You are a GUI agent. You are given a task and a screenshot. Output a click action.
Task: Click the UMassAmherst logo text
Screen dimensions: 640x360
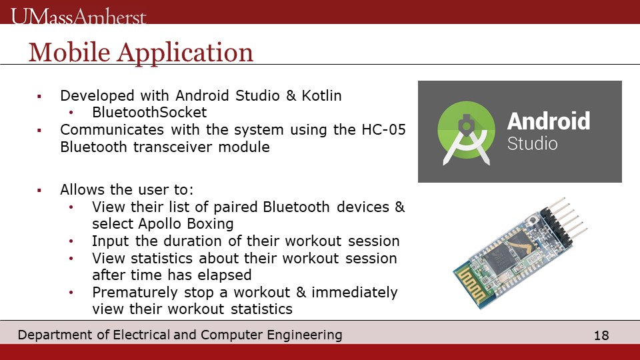pos(79,17)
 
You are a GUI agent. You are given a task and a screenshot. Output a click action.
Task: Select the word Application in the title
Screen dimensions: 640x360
pos(185,53)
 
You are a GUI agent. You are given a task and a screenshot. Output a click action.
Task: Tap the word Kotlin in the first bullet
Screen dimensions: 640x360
pos(321,95)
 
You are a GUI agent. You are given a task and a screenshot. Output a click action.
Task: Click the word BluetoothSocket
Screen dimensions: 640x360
pos(149,112)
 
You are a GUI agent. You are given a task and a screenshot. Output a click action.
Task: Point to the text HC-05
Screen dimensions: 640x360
pos(384,130)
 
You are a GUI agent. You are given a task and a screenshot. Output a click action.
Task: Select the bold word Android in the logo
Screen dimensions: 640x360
pos(549,121)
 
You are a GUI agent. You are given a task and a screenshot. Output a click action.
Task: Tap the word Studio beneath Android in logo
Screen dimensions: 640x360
pos(532,144)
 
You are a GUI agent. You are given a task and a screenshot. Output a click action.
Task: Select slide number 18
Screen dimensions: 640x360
pos(601,335)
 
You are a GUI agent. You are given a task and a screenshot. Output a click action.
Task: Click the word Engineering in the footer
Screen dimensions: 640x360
pos(305,335)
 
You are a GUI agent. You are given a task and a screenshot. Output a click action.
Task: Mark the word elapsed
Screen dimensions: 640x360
pos(224,275)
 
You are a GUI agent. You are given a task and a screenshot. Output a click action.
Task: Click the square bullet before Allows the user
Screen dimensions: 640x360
pos(39,190)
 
